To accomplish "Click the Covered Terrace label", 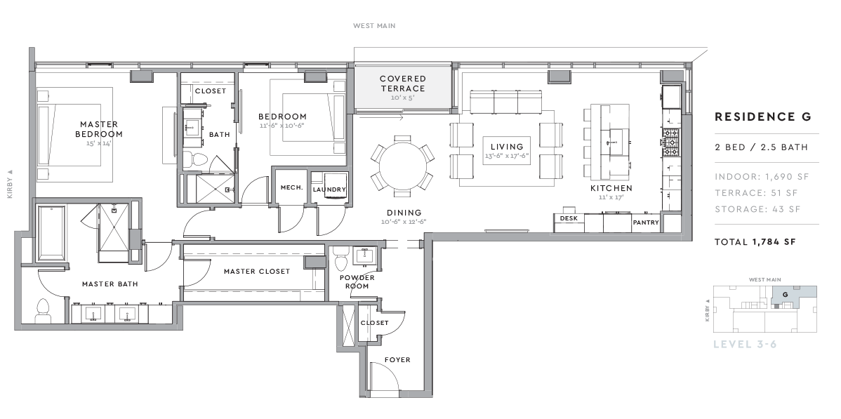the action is click(402, 84).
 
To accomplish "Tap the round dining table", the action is click(402, 163).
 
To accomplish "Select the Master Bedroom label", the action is click(99, 129).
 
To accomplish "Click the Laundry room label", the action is click(329, 189).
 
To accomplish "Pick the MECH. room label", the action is click(292, 188).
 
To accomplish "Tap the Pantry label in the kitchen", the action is click(646, 222).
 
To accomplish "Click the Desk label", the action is click(569, 218).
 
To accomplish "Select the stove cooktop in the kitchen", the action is click(671, 142).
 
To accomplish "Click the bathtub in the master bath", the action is click(51, 232).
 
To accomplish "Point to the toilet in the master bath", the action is click(43, 312).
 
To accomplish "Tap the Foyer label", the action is click(397, 360).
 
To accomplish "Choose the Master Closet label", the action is click(257, 272).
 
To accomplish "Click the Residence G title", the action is click(763, 117).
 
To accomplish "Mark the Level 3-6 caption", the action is click(745, 344).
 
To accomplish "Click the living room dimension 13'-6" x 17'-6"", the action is click(507, 157).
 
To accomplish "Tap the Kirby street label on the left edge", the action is click(10, 184).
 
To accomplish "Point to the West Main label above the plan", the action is click(374, 26).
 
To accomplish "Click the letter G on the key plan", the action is click(786, 295).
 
